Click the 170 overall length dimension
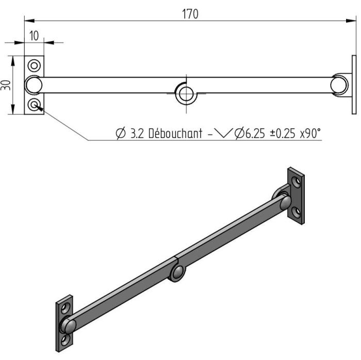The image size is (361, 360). [x=190, y=14]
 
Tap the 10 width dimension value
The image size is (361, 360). [x=34, y=36]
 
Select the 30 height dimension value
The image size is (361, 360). [x=6, y=85]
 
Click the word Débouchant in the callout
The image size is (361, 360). [x=175, y=133]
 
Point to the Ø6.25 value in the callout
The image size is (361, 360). [x=250, y=133]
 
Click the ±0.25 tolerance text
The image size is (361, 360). [x=282, y=133]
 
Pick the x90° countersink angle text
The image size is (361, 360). [x=310, y=133]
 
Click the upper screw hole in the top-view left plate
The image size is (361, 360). [x=34, y=66]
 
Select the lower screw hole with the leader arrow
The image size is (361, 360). [x=34, y=105]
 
